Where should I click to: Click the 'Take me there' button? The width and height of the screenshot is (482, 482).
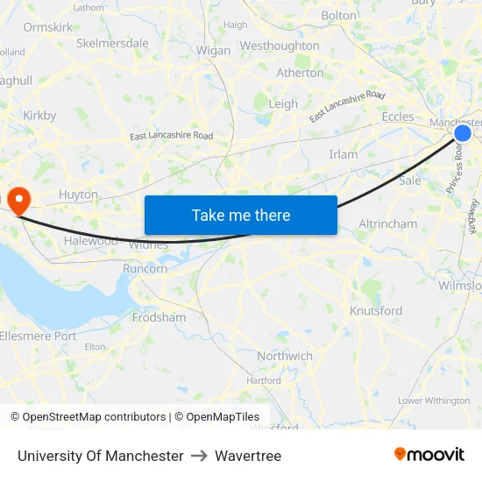[x=240, y=215]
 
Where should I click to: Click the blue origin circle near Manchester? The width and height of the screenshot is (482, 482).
[x=463, y=132]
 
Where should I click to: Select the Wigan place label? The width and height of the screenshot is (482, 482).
[x=213, y=51]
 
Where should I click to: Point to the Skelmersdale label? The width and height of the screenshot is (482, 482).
[x=112, y=43]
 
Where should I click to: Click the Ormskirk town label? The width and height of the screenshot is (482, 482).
[x=47, y=27]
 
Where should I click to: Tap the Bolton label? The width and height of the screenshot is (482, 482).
[x=339, y=16]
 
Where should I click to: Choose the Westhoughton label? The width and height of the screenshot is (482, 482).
[x=280, y=46]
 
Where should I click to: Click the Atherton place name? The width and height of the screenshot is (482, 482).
[x=300, y=73]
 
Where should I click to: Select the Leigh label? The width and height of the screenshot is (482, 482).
[x=283, y=103]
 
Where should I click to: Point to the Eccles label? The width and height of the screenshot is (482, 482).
[x=398, y=117]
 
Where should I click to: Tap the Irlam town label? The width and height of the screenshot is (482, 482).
[x=344, y=154]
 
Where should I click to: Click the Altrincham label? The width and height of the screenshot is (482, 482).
[x=388, y=224]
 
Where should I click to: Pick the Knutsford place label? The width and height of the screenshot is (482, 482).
[x=376, y=311]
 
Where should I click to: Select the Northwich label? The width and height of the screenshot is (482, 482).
[x=285, y=356]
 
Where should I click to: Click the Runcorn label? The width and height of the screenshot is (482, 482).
[x=145, y=269]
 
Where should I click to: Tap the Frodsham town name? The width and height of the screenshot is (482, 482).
[x=159, y=317]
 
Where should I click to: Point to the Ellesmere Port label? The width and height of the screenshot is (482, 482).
[x=39, y=336]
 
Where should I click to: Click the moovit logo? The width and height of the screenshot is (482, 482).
[x=429, y=455]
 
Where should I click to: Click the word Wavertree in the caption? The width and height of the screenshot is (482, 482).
[x=248, y=456]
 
